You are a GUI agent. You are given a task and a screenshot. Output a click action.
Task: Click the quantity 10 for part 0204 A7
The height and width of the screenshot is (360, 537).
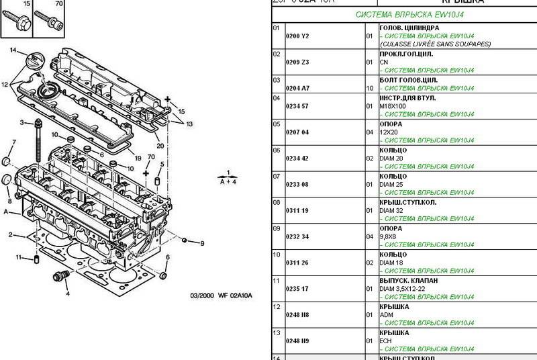tap(369, 88)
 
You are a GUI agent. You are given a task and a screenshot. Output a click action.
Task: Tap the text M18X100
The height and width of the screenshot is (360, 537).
tap(393, 106)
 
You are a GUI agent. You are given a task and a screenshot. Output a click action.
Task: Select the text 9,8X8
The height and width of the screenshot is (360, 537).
tap(389, 237)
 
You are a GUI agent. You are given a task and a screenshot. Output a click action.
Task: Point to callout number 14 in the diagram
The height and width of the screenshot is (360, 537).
tap(13, 50)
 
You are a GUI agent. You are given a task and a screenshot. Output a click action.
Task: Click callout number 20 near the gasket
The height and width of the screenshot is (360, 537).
tap(160, 146)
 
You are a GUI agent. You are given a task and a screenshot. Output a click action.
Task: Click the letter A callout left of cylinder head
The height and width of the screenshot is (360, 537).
tap(7, 212)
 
